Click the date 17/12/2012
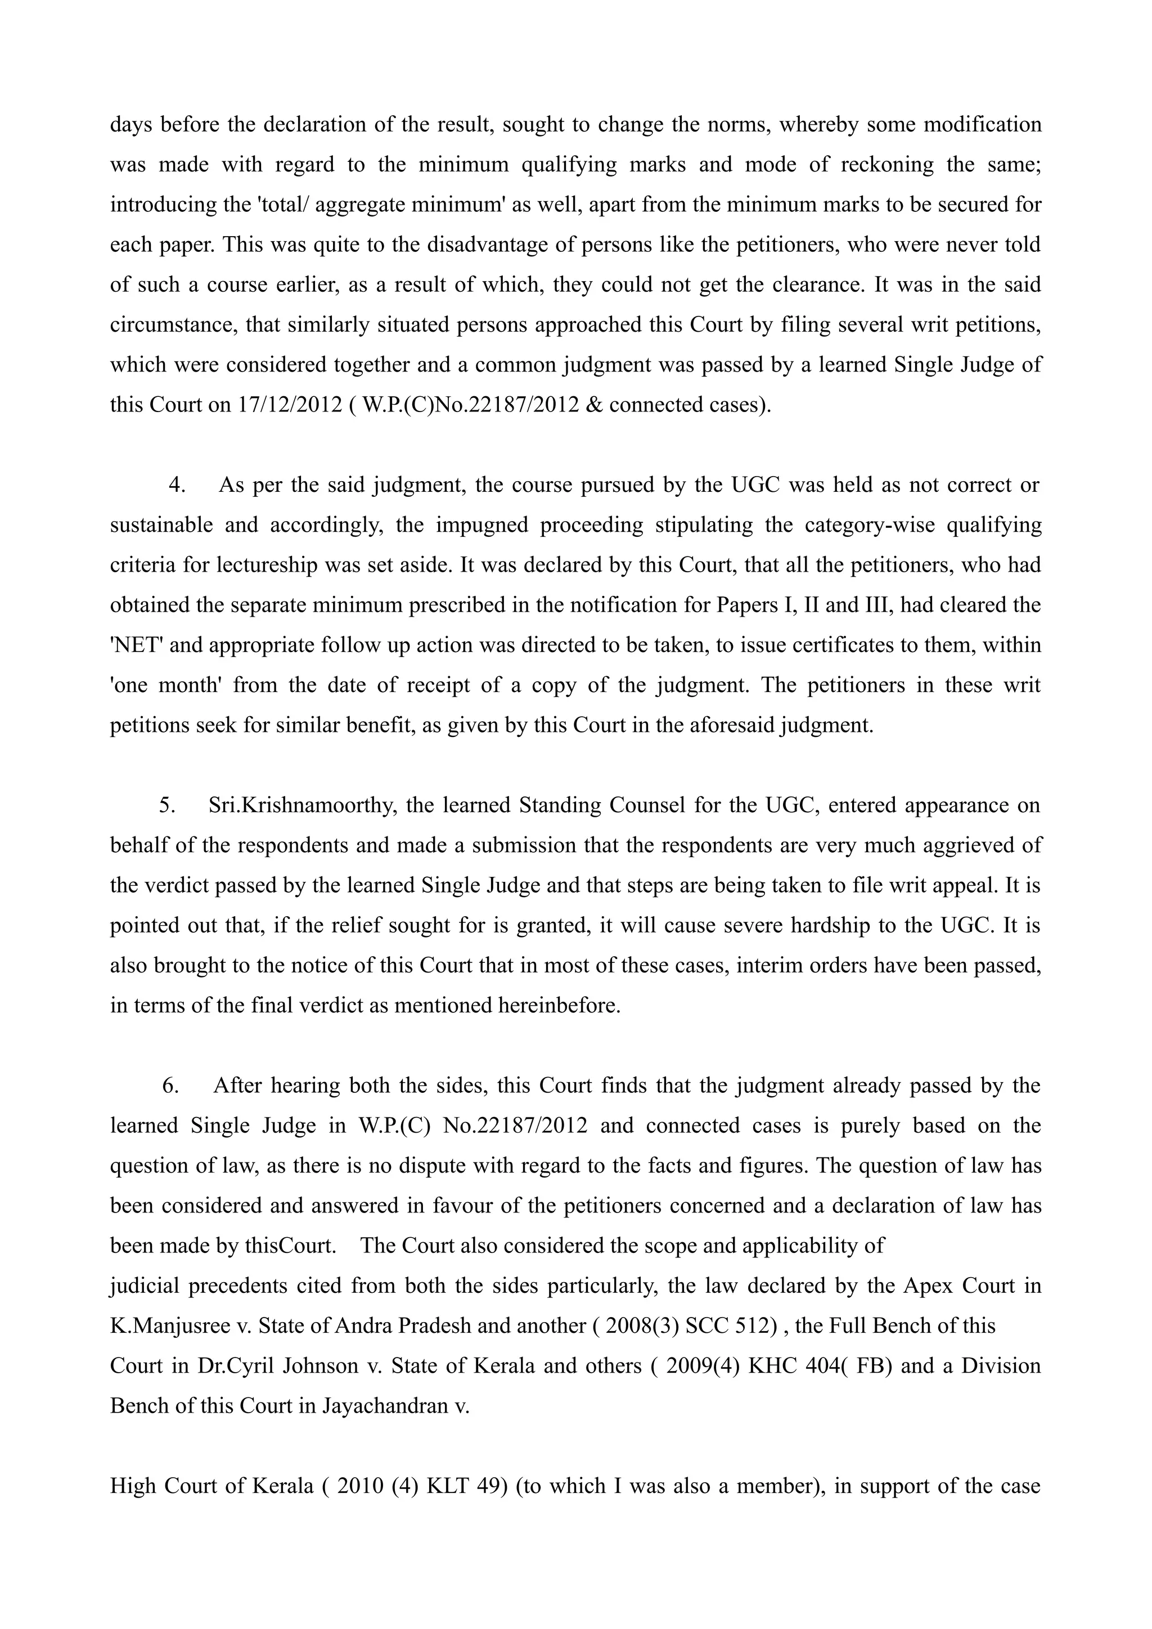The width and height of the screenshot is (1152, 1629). pos(287,405)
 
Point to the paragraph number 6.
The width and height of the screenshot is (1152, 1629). pos(170,1086)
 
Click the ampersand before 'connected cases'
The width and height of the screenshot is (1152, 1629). pos(594,405)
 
